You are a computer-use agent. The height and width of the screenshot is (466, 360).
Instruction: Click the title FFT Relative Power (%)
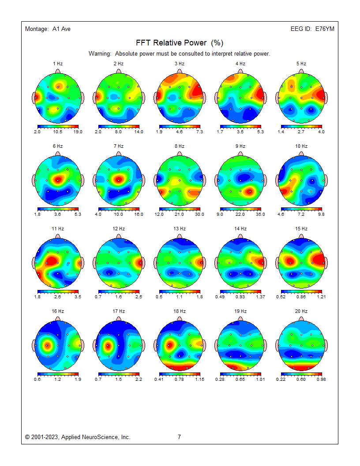pos(180,43)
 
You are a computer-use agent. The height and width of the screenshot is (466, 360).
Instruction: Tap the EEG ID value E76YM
pos(325,29)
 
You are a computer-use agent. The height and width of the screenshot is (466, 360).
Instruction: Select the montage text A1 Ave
pos(61,29)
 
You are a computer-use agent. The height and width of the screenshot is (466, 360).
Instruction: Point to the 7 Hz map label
pos(118,146)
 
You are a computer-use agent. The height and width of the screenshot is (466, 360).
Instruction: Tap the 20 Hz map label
pos(301,311)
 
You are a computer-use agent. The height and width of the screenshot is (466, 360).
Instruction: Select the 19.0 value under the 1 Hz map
pos(78,132)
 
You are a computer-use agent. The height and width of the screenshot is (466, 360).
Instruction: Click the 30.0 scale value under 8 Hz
pos(200,214)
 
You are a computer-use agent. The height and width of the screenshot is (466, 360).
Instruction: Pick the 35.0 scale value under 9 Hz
pos(261,214)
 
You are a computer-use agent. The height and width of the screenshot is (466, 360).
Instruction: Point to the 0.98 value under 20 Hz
pos(322,379)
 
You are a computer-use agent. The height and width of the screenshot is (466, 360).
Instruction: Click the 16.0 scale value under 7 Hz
pos(139,214)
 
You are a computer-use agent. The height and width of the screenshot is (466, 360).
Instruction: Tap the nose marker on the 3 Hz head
pos(180,71)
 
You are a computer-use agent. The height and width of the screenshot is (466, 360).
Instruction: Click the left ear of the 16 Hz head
pos(34,345)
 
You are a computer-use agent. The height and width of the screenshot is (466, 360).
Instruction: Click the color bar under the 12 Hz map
pos(119,291)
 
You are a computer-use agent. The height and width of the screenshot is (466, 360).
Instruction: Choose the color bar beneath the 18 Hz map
pos(180,374)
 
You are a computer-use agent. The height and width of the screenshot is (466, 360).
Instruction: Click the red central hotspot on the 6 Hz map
pos(58,179)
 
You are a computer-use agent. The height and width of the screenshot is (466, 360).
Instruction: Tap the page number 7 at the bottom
pos(179,437)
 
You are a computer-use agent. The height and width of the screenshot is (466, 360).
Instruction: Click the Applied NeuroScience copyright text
pos(78,437)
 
